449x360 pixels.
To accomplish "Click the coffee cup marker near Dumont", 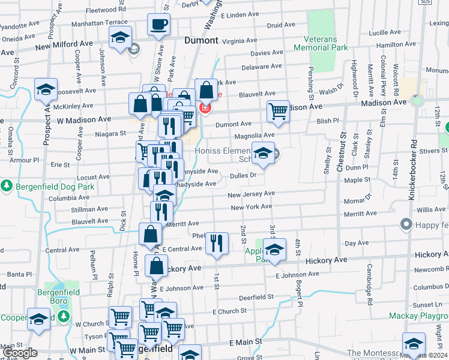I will pyautogui.click(x=159, y=25).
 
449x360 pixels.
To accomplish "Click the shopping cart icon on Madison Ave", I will pyautogui.click(x=278, y=111).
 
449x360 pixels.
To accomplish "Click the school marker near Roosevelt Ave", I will pyautogui.click(x=46, y=90).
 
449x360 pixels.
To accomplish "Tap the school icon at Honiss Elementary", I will pyautogui.click(x=263, y=154).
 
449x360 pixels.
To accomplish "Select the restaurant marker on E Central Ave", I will pyautogui.click(x=216, y=244).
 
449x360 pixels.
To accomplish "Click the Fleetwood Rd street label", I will pyautogui.click(x=106, y=10).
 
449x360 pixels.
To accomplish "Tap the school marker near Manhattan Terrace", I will pyautogui.click(x=120, y=37).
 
